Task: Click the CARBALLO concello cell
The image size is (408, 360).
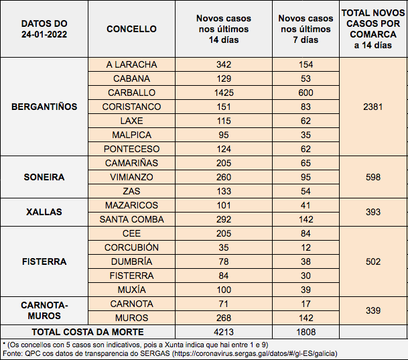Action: (x=131, y=93)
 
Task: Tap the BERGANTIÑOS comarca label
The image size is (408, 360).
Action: (x=45, y=107)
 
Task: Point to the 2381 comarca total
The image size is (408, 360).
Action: (x=372, y=107)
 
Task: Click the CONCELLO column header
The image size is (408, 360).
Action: (x=131, y=29)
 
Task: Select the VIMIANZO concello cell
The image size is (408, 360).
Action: (x=131, y=177)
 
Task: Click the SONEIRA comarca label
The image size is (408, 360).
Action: (x=45, y=177)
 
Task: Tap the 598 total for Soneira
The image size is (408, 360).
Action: (x=372, y=177)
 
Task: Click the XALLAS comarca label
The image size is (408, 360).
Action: (x=45, y=212)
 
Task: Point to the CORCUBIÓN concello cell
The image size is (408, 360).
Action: (x=131, y=247)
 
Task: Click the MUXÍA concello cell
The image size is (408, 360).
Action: (x=131, y=290)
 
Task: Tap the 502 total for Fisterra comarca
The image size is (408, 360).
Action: (x=372, y=261)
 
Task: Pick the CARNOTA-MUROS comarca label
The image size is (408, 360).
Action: (x=45, y=310)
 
